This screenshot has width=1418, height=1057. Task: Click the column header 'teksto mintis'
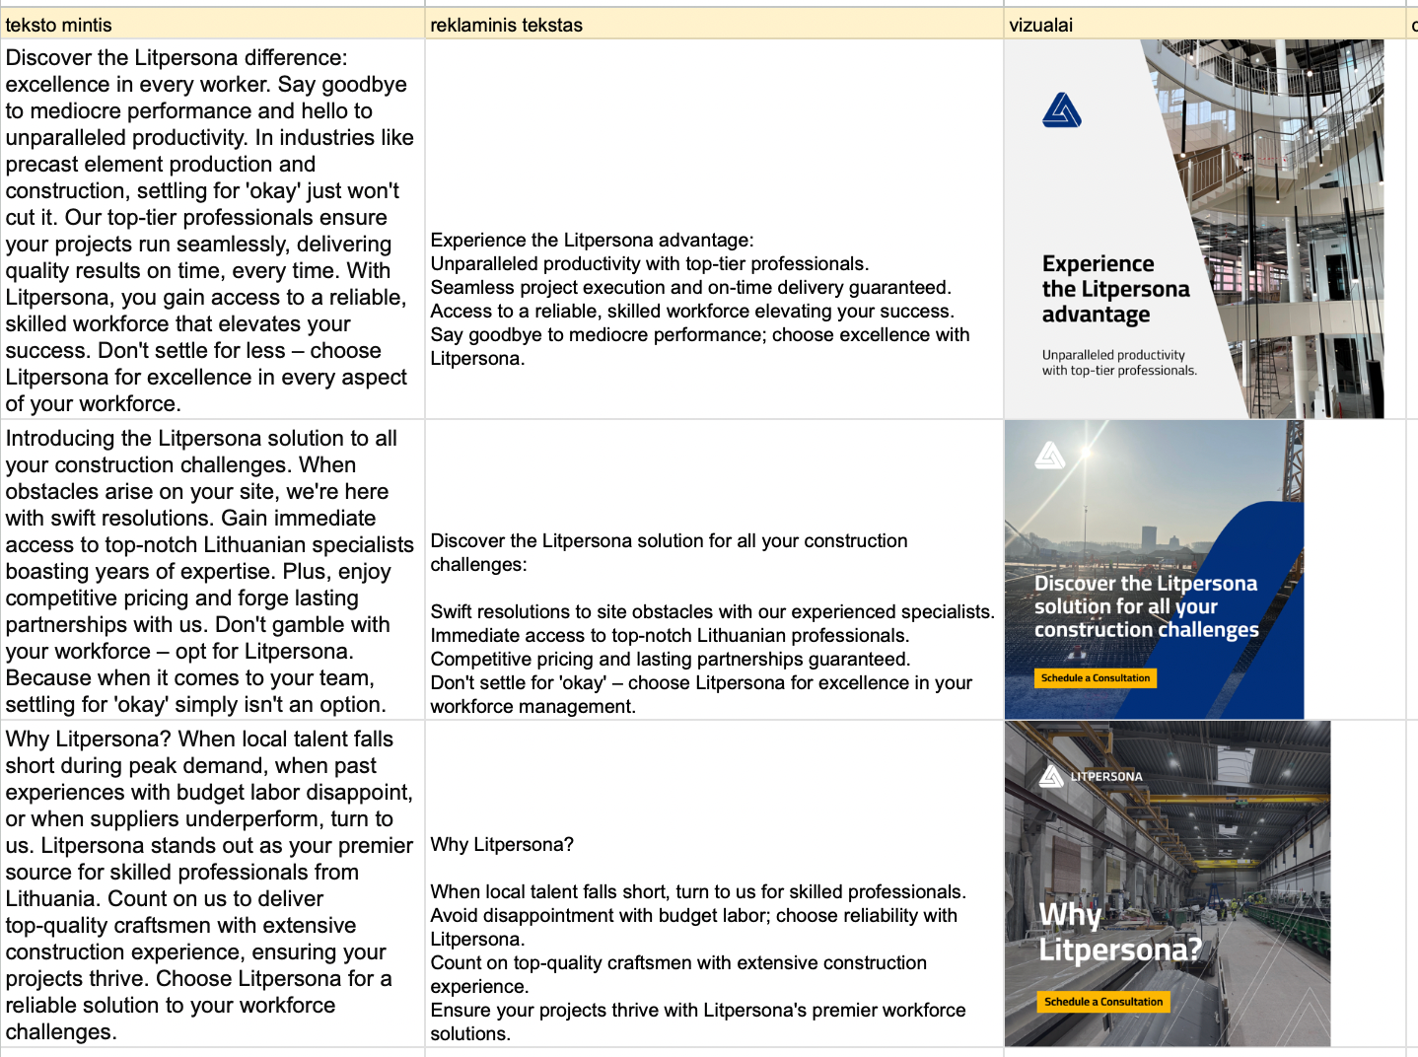(59, 25)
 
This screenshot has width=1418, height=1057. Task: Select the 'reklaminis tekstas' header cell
(506, 25)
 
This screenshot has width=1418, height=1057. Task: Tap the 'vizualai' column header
(1040, 25)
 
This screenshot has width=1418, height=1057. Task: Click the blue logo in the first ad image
(1061, 110)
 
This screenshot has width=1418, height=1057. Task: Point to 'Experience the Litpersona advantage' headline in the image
(1114, 289)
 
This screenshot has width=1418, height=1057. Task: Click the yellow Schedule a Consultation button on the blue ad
(1095, 678)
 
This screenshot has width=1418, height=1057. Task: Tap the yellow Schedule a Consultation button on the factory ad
(1102, 1002)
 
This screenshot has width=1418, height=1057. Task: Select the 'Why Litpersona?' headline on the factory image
(1119, 932)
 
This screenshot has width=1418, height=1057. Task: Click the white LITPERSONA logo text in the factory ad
(1106, 777)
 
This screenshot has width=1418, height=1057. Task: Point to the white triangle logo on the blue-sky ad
(1049, 455)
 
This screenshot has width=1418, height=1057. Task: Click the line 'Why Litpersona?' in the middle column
(502, 845)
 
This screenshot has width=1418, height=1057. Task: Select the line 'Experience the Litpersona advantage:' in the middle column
(592, 241)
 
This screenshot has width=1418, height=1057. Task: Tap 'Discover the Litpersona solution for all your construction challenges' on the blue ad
(1146, 606)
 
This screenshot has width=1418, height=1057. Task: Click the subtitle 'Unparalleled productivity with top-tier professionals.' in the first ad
(1118, 363)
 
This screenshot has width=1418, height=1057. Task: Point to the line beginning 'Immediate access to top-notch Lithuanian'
(670, 636)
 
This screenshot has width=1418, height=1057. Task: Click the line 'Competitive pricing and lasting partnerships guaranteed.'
(671, 660)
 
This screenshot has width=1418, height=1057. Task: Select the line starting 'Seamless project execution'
(690, 288)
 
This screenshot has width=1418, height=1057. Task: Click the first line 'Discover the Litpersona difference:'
(177, 58)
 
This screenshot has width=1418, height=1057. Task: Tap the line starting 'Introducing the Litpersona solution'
(201, 439)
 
